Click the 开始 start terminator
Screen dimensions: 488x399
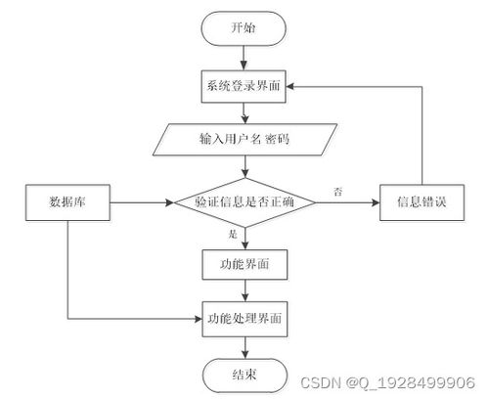[x=244, y=28]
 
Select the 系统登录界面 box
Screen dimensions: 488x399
[x=244, y=86]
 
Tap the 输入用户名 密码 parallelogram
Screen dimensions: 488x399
[x=244, y=140]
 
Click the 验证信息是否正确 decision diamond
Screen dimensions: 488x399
[x=244, y=202]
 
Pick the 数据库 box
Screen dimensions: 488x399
[x=67, y=202]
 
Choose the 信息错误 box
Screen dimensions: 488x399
[x=421, y=202]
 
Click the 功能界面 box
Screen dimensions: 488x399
[x=244, y=264]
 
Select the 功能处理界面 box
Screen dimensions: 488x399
[x=244, y=319]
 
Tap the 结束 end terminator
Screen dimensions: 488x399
[x=244, y=376]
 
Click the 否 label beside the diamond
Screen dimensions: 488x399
[x=337, y=192]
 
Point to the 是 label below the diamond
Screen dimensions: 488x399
[x=233, y=234]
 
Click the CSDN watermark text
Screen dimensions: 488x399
[x=387, y=382]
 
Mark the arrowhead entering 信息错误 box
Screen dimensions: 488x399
[x=376, y=202]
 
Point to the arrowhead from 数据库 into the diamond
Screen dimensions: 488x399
[x=170, y=202]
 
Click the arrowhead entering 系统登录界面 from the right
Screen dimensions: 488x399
[x=290, y=86]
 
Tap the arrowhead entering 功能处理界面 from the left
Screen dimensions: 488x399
[x=199, y=319]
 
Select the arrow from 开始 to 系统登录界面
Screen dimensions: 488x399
[x=244, y=58]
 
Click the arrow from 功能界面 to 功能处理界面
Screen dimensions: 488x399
[x=244, y=290]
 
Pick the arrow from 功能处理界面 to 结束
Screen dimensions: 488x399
[x=244, y=347]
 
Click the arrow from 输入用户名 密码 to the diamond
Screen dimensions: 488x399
[x=244, y=166]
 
